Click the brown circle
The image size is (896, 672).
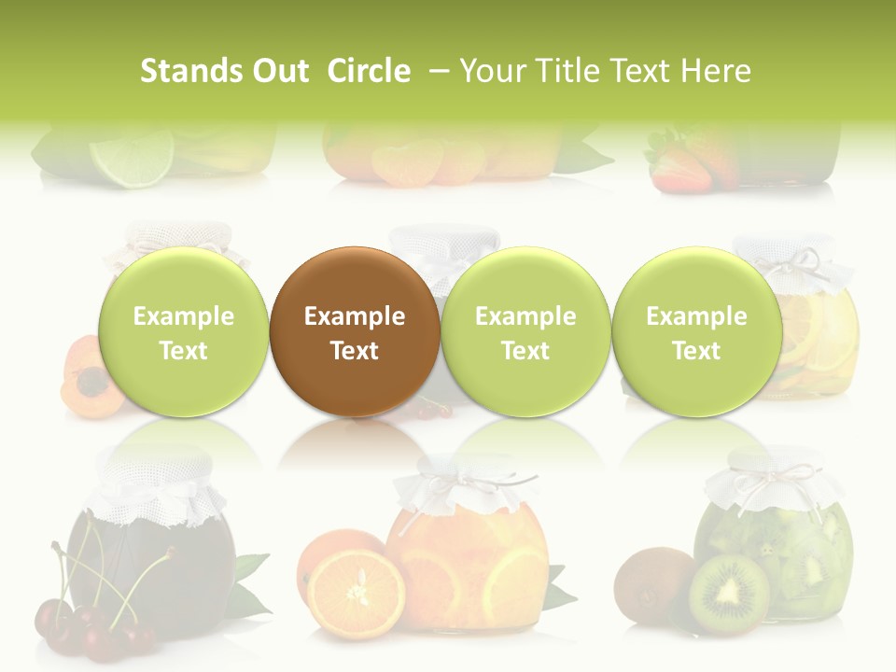pos(355,331)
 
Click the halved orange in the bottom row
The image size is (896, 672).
pos(356,593)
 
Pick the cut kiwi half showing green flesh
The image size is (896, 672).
pos(729,595)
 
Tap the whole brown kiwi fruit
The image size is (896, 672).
pos(656,582)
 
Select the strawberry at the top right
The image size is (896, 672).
pos(679,169)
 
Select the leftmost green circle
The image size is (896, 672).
pos(184,331)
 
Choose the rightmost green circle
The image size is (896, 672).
pos(696,331)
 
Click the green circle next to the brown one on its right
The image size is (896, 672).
pos(525,331)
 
